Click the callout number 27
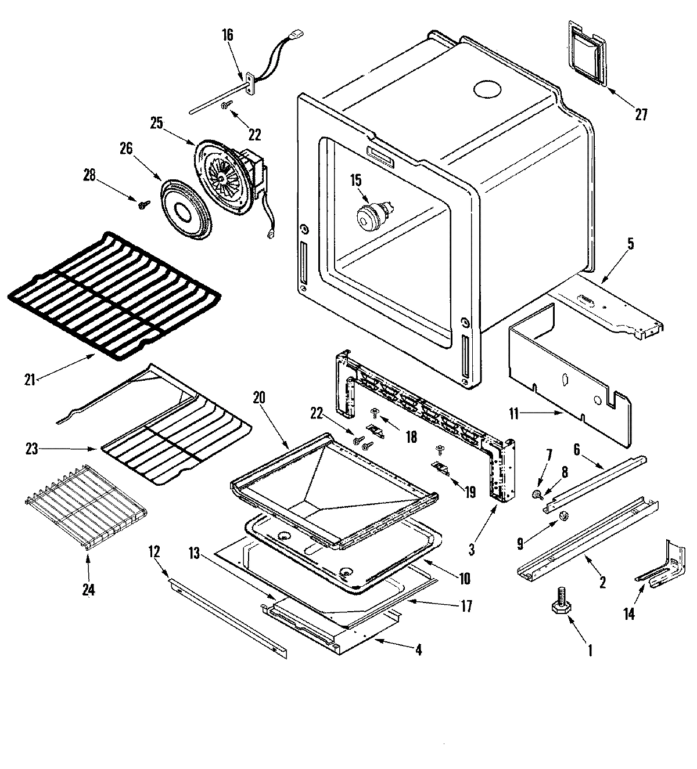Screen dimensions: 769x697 pos(640,114)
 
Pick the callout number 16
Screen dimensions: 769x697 pos(227,35)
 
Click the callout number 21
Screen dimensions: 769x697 pos(30,380)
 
